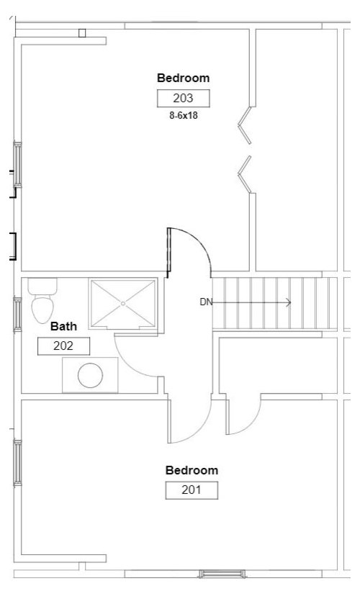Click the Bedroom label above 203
click(183, 78)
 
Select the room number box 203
click(184, 98)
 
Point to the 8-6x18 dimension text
click(184, 115)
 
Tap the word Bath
click(63, 326)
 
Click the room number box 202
click(63, 346)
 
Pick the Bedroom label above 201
click(192, 470)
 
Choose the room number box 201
click(192, 490)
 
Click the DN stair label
click(206, 302)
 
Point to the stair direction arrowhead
click(288, 303)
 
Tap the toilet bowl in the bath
click(42, 310)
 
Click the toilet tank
click(42, 287)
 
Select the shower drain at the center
click(123, 304)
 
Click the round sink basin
click(90, 375)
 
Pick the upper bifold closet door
click(245, 125)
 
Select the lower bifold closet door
click(245, 174)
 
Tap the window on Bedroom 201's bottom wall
click(222, 574)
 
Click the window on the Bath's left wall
click(17, 315)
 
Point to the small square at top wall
click(81, 33)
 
